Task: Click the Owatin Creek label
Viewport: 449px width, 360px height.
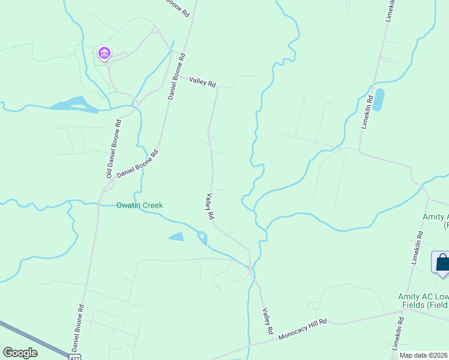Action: pyautogui.click(x=139, y=205)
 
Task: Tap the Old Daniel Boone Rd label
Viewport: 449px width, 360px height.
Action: pyautogui.click(x=113, y=148)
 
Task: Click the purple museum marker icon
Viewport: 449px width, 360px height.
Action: pyautogui.click(x=104, y=54)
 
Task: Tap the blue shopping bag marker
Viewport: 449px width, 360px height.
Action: pyautogui.click(x=442, y=262)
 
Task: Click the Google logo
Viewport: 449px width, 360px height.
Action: pyautogui.click(x=20, y=353)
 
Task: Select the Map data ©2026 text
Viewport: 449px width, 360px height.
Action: pyautogui.click(x=423, y=355)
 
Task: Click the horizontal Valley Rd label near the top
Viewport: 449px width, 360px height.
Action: pyautogui.click(x=203, y=82)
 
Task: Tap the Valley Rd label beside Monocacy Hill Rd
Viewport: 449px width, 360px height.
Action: pyautogui.click(x=267, y=322)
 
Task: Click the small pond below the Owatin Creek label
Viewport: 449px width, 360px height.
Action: pyautogui.click(x=176, y=237)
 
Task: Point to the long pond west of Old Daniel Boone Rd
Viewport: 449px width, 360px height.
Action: pyautogui.click(x=73, y=104)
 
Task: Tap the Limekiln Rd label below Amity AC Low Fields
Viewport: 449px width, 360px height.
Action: pyautogui.click(x=399, y=337)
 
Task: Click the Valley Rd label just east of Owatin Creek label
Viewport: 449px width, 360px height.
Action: pyautogui.click(x=209, y=206)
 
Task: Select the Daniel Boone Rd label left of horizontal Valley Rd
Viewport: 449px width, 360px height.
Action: pyautogui.click(x=177, y=76)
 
